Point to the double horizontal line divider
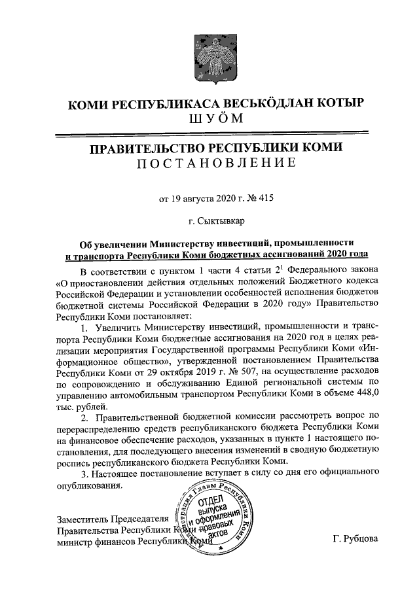pyautogui.click(x=209, y=135)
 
